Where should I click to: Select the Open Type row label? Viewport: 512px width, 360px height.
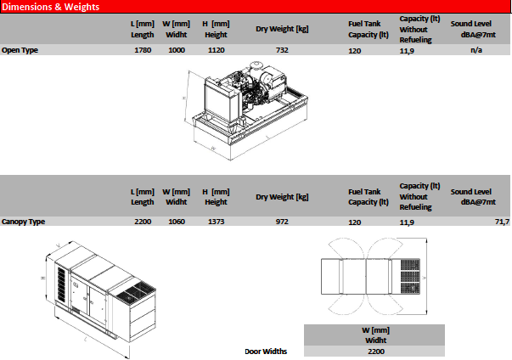tap(20, 50)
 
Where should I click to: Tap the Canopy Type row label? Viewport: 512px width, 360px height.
tap(24, 222)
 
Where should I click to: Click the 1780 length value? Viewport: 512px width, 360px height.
tap(143, 50)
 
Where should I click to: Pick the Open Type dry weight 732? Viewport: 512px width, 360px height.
tap(282, 50)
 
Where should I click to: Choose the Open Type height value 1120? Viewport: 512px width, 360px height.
tap(215, 50)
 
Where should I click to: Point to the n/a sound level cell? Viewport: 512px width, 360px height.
tap(476, 50)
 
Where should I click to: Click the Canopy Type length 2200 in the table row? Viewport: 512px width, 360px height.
tap(143, 222)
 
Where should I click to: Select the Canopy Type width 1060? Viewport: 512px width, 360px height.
tap(176, 222)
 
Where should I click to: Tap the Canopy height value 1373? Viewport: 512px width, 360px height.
tap(215, 222)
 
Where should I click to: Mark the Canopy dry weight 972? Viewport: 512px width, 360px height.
tap(282, 222)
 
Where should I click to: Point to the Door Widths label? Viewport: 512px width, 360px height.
tap(266, 351)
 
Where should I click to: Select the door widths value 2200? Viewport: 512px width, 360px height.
tap(376, 351)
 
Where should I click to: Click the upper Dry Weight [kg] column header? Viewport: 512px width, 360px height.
tap(282, 29)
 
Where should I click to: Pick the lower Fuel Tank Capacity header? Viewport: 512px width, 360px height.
tap(368, 197)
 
